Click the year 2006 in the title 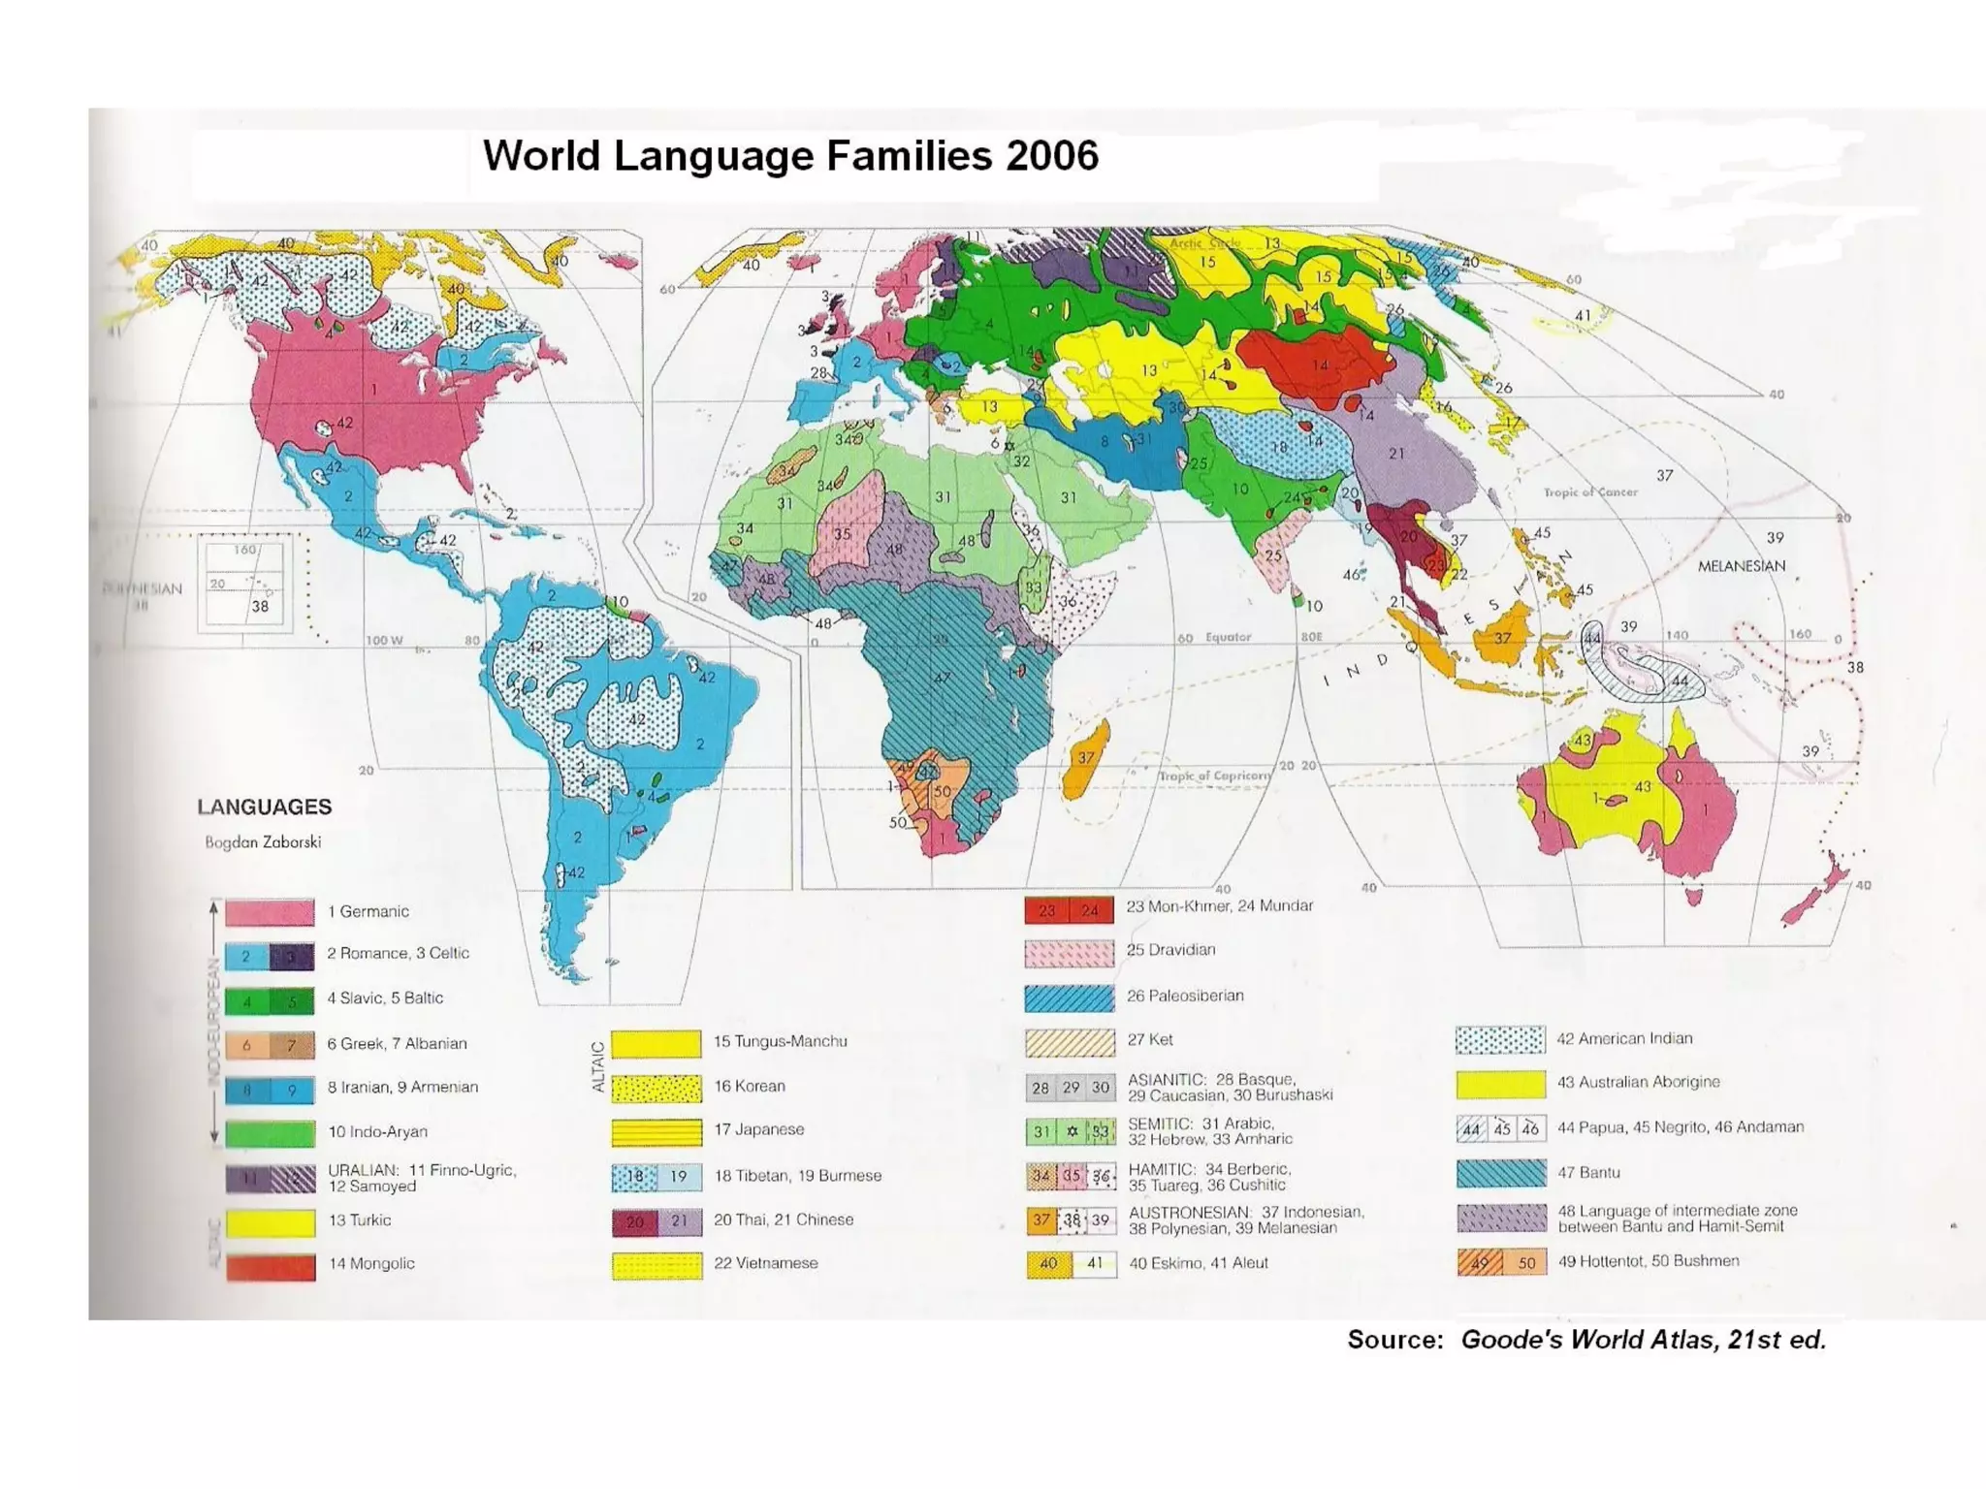[1052, 156]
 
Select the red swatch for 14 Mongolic [271, 1266]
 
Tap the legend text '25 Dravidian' [1170, 950]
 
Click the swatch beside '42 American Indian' [1499, 1040]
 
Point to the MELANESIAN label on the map [1741, 566]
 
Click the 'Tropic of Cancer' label [1590, 492]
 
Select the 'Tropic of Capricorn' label [1214, 776]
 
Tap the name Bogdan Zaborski [263, 842]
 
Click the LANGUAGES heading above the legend [264, 808]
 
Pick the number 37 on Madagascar [1086, 758]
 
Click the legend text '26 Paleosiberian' [1185, 996]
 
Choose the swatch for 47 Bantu [1500, 1173]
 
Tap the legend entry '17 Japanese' [758, 1129]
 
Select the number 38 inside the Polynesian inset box [260, 607]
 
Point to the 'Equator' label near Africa [1228, 638]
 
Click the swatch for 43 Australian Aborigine [1500, 1084]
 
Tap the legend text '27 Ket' [1149, 1040]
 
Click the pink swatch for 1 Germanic [270, 912]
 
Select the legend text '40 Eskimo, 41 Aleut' [1198, 1263]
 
